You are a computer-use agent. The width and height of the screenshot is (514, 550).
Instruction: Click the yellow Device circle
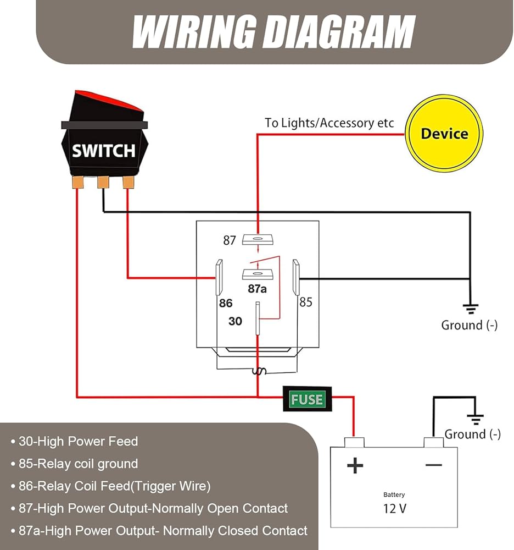click(444, 134)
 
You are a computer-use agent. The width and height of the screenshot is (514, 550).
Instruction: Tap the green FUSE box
click(307, 399)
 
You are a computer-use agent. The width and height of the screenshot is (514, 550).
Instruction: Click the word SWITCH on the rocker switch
click(103, 150)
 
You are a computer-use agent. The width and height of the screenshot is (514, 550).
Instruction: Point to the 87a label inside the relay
click(256, 288)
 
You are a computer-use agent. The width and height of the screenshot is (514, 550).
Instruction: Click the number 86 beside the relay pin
click(226, 303)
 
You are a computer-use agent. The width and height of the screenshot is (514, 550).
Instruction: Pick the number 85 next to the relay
click(305, 302)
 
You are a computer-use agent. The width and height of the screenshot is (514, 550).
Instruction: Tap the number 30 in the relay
click(235, 321)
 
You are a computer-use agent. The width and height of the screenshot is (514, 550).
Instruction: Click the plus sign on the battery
click(355, 466)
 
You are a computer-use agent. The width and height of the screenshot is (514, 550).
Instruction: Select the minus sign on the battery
click(433, 465)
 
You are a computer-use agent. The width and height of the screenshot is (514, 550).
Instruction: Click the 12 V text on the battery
click(394, 508)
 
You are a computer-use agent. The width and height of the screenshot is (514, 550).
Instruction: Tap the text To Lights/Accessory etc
click(329, 123)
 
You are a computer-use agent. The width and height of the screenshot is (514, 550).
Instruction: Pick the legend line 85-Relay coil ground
click(78, 464)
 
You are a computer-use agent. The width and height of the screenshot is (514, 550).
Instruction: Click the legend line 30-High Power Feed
click(78, 441)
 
